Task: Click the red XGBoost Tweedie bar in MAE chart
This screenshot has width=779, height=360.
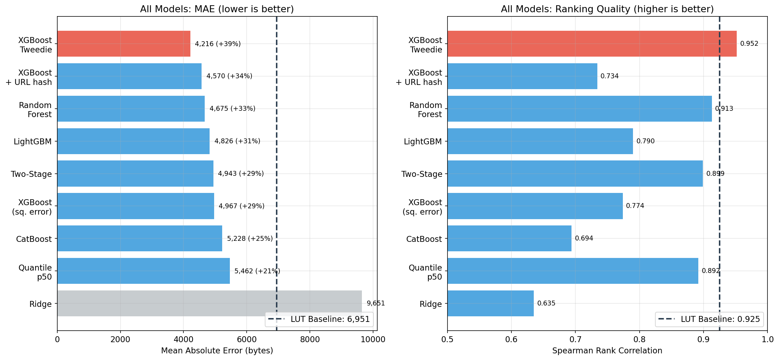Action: click(x=124, y=44)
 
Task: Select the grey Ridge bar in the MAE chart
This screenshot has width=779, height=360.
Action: click(x=210, y=303)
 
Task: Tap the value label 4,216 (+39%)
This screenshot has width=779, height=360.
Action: click(x=218, y=44)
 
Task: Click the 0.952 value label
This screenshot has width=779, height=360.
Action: click(x=749, y=44)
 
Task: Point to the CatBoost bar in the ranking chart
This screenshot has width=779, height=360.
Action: click(x=509, y=238)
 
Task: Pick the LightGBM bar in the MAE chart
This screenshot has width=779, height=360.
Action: click(x=133, y=141)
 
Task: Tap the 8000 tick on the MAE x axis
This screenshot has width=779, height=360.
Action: click(x=310, y=339)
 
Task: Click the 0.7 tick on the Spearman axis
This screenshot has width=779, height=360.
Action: click(x=575, y=339)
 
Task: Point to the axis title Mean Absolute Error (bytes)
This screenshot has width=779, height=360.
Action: click(x=217, y=351)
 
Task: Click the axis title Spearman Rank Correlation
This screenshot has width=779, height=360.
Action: click(x=607, y=351)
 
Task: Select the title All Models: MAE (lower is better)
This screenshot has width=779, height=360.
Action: click(x=217, y=9)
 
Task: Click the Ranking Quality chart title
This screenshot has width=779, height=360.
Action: click(x=607, y=9)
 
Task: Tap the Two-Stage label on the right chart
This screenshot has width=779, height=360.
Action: click(x=422, y=174)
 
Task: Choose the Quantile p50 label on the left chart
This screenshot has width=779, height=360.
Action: click(x=35, y=272)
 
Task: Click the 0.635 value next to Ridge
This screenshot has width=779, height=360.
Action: click(x=546, y=303)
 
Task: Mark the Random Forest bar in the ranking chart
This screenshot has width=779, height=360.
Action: click(x=580, y=109)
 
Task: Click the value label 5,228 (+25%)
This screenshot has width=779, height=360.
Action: click(x=250, y=239)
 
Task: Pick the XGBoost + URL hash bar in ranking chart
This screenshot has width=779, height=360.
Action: click(x=522, y=76)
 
